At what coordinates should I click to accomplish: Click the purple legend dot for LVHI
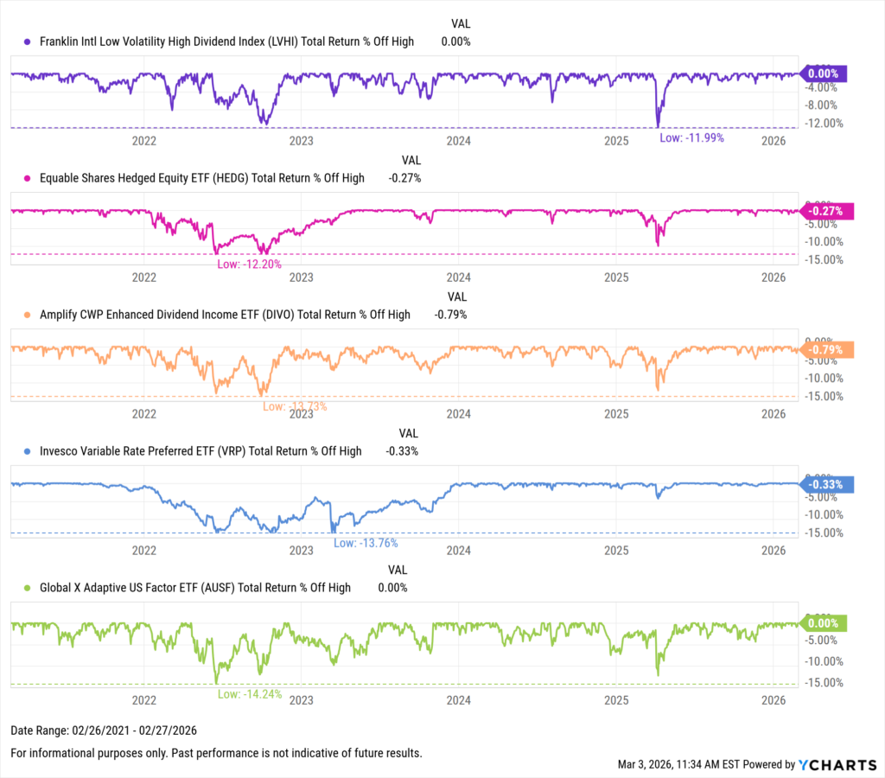tap(28, 41)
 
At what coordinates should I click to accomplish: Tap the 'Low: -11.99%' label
tap(691, 137)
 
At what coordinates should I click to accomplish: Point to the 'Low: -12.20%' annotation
tap(249, 264)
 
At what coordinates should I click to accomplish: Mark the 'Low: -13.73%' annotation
tap(295, 406)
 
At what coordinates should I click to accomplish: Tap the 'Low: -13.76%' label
tap(366, 543)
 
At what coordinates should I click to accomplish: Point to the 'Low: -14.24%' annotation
tap(250, 694)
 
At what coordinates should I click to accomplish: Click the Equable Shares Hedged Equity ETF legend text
tap(202, 178)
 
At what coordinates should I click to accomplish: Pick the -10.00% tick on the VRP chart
tap(828, 514)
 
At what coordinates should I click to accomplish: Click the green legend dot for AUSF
tap(28, 588)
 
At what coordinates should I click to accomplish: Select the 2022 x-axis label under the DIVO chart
tap(143, 414)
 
